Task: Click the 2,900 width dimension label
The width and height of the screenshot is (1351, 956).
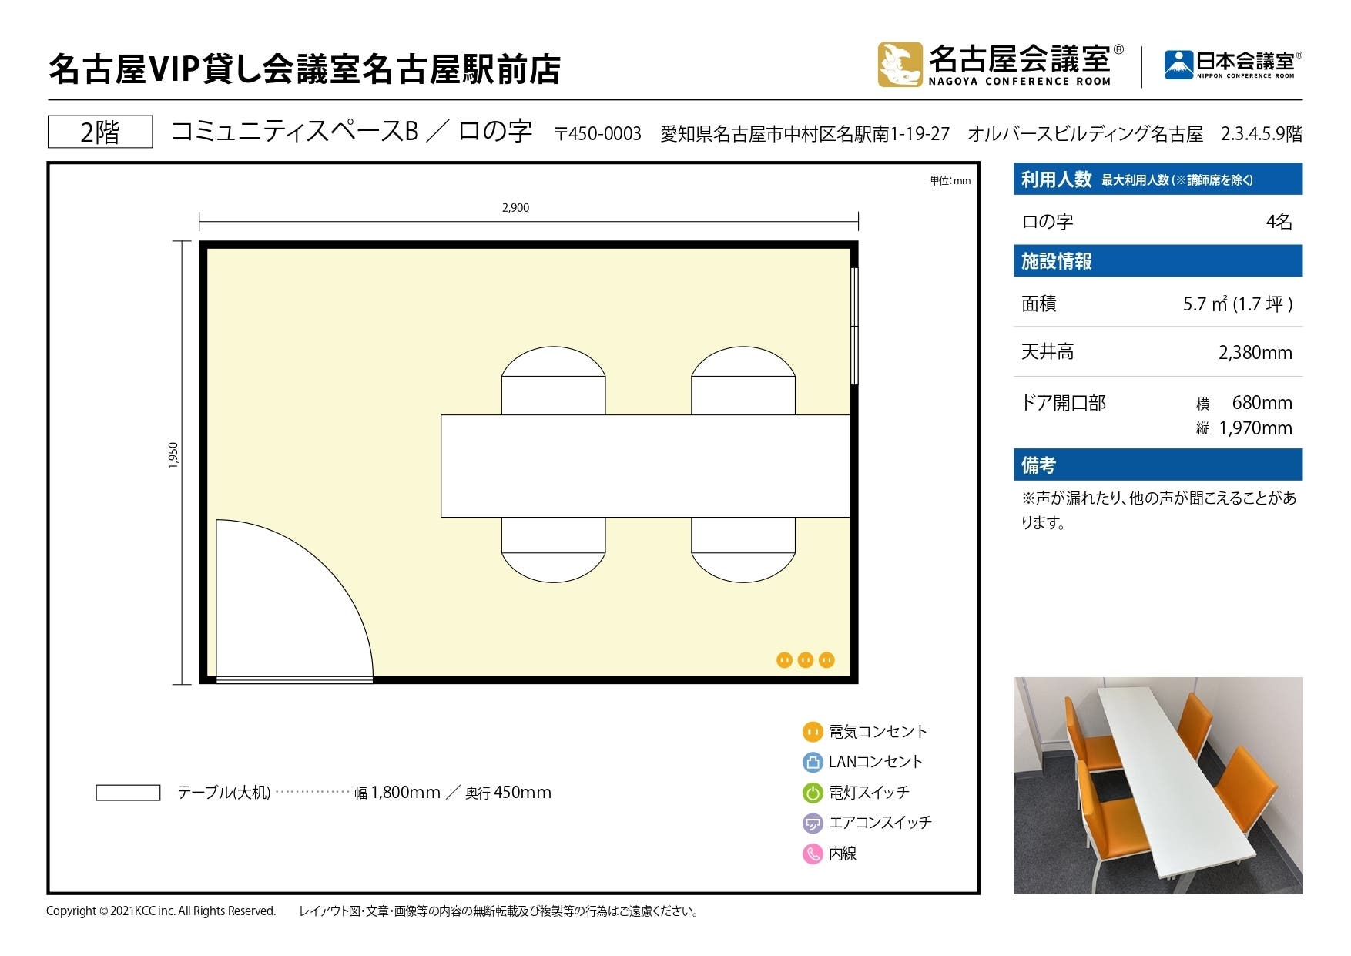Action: [515, 208]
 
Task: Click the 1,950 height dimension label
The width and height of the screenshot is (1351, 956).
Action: [173, 455]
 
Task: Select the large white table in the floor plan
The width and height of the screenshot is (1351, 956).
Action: [645, 466]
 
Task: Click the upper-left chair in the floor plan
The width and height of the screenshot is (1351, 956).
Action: [553, 381]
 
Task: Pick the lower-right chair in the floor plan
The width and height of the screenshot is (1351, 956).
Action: [743, 549]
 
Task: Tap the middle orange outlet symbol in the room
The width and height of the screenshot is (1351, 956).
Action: [806, 660]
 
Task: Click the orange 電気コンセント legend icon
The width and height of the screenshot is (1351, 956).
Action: [813, 732]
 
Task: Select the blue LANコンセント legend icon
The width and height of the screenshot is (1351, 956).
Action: [813, 762]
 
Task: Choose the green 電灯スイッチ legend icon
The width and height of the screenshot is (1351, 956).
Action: [813, 793]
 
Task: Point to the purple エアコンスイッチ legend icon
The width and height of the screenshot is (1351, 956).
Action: [813, 823]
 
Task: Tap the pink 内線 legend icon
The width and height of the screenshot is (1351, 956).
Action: [813, 854]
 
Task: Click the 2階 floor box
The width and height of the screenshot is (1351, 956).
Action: [100, 132]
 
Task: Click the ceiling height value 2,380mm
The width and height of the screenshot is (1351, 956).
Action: [1255, 353]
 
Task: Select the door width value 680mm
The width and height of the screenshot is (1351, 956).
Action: [1262, 403]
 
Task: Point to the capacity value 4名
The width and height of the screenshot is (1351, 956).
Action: [1279, 222]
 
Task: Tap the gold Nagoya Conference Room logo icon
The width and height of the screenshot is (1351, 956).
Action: [900, 64]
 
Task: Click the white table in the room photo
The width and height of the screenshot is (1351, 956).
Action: [1155, 778]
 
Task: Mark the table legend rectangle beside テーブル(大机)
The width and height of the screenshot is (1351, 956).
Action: [128, 793]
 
